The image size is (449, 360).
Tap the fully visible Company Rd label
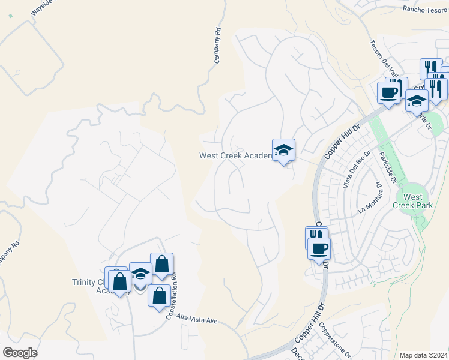[x=218, y=45]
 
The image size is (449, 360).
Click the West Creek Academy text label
[x=235, y=156]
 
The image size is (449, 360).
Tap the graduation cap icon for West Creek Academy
[x=283, y=150]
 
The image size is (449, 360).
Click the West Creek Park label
[x=413, y=201]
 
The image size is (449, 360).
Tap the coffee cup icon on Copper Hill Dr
[x=319, y=247]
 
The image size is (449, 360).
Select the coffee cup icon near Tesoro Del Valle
[x=388, y=92]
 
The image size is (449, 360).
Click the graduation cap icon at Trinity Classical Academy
[x=140, y=274]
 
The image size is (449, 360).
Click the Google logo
[x=20, y=353]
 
